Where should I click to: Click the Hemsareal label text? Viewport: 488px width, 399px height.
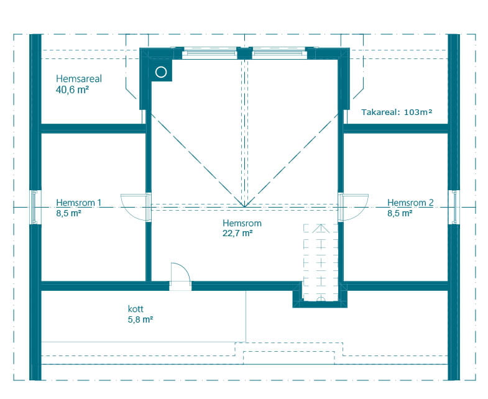point(79,79)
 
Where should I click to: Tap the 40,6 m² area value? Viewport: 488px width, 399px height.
point(72,90)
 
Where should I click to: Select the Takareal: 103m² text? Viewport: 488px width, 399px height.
point(397,112)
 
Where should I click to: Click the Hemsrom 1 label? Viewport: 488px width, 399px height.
point(79,203)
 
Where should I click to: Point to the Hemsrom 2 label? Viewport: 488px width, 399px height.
point(410,203)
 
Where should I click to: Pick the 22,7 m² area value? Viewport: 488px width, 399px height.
point(237,233)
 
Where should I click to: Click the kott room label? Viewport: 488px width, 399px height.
point(136,309)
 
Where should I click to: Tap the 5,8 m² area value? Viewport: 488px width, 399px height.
point(140,319)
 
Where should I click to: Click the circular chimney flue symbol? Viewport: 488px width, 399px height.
point(161,73)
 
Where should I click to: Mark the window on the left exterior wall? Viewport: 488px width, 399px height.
point(35,208)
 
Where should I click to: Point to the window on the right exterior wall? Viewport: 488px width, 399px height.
point(454,208)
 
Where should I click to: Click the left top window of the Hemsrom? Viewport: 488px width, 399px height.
point(209,53)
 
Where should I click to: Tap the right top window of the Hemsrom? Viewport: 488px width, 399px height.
point(280,53)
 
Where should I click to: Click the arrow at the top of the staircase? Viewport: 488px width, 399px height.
point(321,229)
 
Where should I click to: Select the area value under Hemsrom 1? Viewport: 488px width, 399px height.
point(68,213)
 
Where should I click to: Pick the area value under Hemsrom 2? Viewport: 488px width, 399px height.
point(400,213)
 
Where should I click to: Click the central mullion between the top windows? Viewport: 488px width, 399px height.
point(245,53)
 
